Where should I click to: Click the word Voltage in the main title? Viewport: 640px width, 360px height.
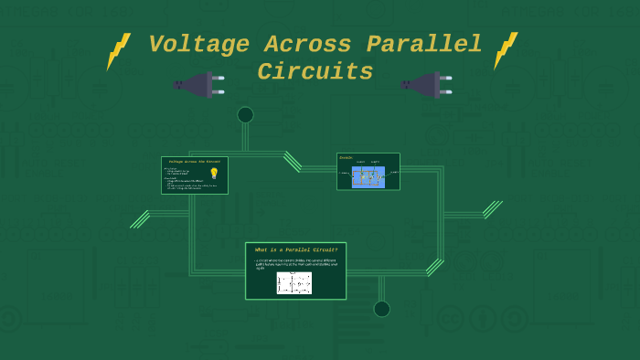(x=198, y=45)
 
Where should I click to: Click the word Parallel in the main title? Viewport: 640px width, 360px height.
(x=424, y=45)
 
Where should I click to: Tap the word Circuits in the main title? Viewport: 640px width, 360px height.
(x=315, y=72)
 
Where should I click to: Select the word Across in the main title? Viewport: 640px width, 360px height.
(x=308, y=45)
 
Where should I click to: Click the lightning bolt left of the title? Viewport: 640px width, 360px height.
(x=118, y=51)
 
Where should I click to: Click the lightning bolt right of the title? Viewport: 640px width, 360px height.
(x=506, y=50)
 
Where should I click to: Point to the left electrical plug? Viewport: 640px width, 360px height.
(x=198, y=85)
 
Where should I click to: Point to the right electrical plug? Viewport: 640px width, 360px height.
(x=426, y=85)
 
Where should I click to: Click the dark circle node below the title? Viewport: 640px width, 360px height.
(x=245, y=115)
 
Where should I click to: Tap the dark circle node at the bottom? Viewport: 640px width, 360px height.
(x=381, y=309)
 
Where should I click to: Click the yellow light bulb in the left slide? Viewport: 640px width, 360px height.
(x=214, y=173)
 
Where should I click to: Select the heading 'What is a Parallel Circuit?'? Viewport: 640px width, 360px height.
(x=295, y=249)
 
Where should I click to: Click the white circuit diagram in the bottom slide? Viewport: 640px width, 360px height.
(x=294, y=282)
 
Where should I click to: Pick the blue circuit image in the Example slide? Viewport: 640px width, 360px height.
(x=368, y=176)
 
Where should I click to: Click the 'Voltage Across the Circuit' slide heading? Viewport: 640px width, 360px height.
(x=194, y=162)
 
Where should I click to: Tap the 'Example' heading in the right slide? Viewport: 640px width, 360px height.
(x=347, y=158)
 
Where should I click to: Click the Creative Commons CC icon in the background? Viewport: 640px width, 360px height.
(x=449, y=318)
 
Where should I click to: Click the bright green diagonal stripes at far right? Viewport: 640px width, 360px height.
(x=493, y=209)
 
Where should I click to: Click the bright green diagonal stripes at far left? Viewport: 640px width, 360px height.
(x=140, y=219)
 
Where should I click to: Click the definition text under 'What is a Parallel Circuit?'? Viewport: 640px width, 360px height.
(x=295, y=263)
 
